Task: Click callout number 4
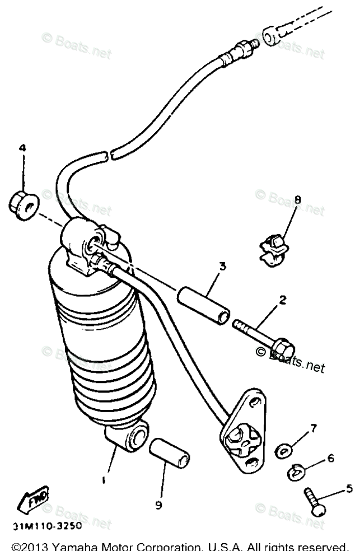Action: coord(22,148)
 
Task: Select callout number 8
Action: coord(297,199)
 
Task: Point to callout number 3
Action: coord(222,266)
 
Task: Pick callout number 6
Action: coord(330,459)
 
